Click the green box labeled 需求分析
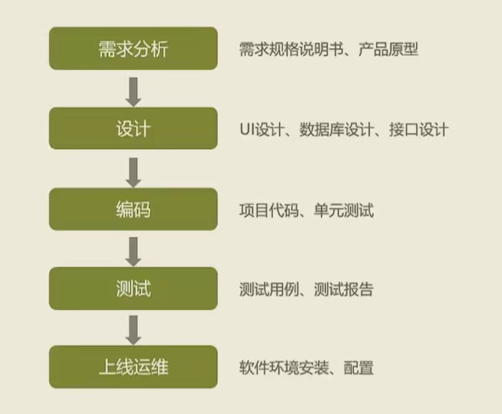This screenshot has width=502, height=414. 133,49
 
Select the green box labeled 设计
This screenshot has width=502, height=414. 133,128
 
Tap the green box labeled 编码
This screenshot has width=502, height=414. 133,209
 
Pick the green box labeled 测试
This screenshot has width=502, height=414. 133,289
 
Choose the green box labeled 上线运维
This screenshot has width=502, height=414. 133,367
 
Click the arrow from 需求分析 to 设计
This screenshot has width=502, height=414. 133,90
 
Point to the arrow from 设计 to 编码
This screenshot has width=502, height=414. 133,170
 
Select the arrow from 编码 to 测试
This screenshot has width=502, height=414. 133,250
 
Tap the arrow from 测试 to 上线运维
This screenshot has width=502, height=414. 133,329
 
